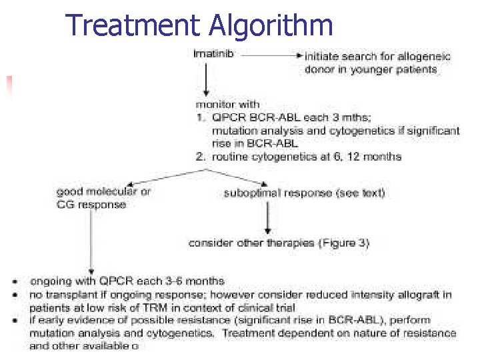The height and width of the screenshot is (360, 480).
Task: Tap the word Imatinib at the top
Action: (x=213, y=53)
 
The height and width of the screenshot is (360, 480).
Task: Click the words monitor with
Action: (x=227, y=104)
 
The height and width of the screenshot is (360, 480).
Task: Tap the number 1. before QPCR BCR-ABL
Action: (x=200, y=117)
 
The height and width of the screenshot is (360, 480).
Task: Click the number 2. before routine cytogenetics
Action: (x=200, y=157)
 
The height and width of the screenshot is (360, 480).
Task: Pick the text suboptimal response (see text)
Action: (x=304, y=194)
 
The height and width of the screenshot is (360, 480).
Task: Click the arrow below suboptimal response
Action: (x=267, y=217)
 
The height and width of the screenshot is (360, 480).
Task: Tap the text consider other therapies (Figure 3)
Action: (x=279, y=243)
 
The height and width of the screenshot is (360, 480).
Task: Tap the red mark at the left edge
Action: (x=9, y=84)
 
